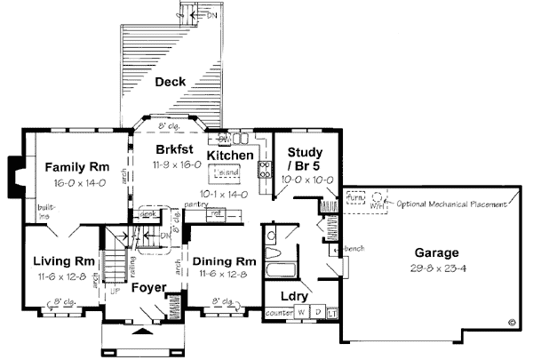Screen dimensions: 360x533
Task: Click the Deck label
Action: [x=170, y=83]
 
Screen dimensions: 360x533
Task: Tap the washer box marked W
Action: [x=301, y=312]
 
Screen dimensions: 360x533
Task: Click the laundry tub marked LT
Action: [x=332, y=312]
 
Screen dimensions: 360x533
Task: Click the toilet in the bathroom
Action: [x=270, y=236]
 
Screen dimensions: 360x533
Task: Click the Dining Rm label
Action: [x=223, y=262]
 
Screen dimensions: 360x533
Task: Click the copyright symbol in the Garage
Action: [x=512, y=323]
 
